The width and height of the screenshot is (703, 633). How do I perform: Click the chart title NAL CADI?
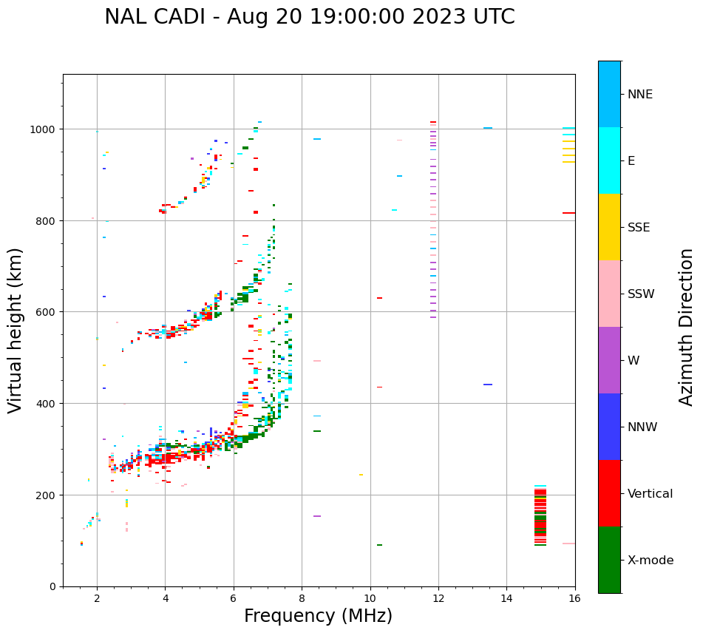[x=309, y=17]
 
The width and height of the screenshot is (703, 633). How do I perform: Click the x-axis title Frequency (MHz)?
[x=318, y=616]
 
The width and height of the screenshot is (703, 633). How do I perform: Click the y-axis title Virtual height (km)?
[x=16, y=330]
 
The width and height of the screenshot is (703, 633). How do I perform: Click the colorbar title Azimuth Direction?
[x=687, y=327]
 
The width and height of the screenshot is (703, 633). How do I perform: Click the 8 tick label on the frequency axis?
[x=302, y=599]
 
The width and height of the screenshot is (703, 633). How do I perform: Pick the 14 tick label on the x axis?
[x=506, y=599]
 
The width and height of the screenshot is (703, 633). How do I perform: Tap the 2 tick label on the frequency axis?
[x=97, y=599]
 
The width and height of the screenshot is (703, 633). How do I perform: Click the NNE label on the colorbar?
[x=640, y=95]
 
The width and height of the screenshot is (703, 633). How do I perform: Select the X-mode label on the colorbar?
[x=651, y=561]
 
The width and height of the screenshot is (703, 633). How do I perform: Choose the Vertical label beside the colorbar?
[x=651, y=494]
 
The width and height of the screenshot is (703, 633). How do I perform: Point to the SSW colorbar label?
[x=641, y=294]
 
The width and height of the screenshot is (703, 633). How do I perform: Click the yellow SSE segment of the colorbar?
[x=609, y=227]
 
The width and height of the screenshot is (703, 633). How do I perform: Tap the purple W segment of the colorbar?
[x=609, y=360]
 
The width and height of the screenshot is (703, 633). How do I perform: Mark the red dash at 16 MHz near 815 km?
[x=568, y=213]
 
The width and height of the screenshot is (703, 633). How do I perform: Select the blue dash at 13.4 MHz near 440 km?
[x=488, y=385]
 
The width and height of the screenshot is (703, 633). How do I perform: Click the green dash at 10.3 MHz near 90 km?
[x=379, y=545]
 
